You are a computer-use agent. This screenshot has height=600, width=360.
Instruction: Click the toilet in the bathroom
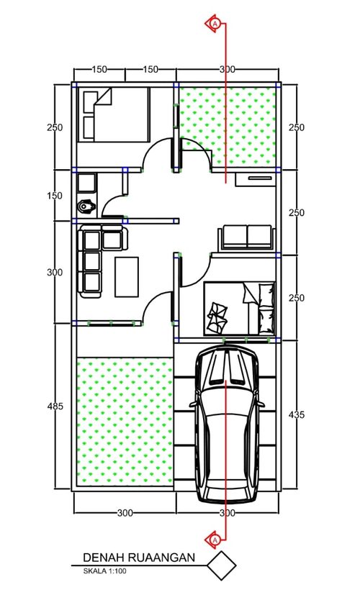coord(86,207)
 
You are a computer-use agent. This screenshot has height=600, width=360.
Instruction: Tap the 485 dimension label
coord(55,406)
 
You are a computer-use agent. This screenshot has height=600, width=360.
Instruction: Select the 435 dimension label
coord(297,414)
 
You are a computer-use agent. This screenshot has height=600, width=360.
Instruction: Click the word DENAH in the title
coord(104,558)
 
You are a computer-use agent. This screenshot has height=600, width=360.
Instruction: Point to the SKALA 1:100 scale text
coord(104,571)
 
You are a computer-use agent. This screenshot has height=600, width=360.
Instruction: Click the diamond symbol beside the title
coord(221,565)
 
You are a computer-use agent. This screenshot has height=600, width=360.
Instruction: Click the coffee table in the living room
coord(127,277)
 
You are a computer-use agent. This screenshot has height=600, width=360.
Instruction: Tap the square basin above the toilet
coord(86,183)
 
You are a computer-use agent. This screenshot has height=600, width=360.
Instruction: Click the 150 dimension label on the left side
coord(55,196)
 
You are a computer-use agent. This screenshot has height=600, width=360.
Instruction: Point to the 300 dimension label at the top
coord(227,69)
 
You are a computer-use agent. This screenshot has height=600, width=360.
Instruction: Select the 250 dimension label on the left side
coord(55,127)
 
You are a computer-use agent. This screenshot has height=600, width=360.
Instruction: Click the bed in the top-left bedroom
coord(114,114)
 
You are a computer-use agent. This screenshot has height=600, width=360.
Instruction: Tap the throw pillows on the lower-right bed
coord(217,317)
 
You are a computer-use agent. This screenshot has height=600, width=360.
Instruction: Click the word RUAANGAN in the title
coord(161,558)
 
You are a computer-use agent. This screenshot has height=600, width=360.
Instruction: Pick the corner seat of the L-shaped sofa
coord(92,240)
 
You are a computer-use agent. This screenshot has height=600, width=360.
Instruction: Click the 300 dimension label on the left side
coord(55,273)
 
